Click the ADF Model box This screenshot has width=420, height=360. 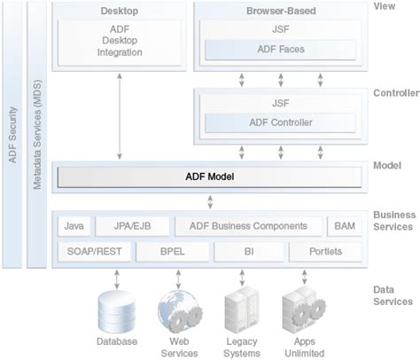210,177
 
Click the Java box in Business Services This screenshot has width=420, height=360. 74,227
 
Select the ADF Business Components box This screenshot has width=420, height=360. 248,227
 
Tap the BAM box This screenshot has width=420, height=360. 344,227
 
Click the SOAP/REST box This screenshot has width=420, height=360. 95,252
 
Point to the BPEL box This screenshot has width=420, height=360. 173,252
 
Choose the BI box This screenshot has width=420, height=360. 249,252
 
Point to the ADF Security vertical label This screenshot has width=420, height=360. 12,133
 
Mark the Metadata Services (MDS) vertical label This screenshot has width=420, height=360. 37,133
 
